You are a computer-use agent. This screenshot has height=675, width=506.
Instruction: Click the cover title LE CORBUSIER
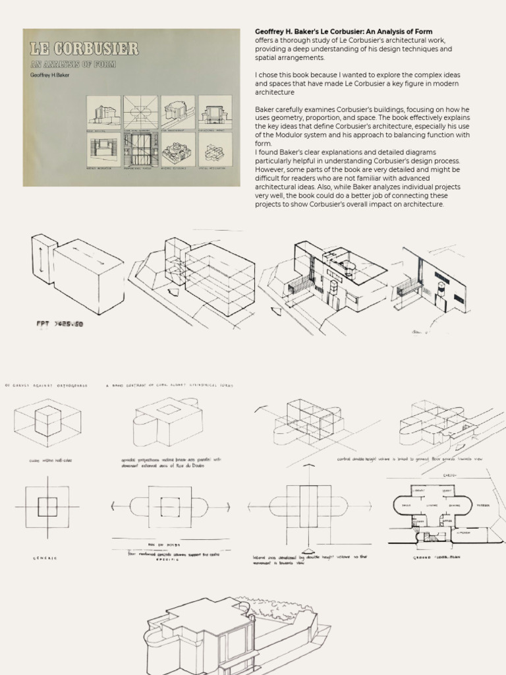pos(84,49)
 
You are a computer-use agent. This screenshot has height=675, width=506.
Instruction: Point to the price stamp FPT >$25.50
pos(60,324)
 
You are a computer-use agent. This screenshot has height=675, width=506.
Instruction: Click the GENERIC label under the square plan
pos(45,558)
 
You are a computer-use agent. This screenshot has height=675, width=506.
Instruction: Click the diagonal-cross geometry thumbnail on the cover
pos(140,113)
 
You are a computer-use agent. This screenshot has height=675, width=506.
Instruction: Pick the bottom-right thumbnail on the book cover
pos(215,151)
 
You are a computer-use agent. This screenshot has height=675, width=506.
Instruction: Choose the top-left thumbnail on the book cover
pos(103,113)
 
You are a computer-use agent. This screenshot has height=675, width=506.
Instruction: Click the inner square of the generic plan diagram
pos(47,506)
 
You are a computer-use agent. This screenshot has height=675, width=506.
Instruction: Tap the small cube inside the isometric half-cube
pos(47,417)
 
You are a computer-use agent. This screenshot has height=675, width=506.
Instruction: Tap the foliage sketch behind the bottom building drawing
pos(277,608)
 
